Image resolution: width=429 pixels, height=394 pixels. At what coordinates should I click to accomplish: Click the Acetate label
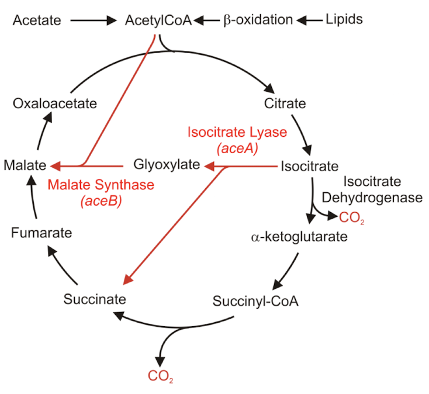(x=37, y=20)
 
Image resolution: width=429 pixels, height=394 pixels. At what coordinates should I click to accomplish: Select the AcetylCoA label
(x=158, y=20)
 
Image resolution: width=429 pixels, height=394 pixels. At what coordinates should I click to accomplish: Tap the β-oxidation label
(x=258, y=20)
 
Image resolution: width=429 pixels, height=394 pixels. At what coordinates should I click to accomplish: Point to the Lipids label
(x=344, y=19)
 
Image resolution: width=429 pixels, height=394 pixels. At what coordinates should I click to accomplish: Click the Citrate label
(x=285, y=104)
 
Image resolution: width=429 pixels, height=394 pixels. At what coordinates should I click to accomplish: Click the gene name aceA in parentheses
(x=237, y=149)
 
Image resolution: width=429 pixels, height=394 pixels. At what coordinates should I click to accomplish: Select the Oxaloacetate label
(x=54, y=103)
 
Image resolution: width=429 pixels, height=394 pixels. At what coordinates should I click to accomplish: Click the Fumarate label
(x=41, y=233)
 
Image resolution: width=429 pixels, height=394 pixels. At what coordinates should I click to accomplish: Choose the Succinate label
(x=95, y=299)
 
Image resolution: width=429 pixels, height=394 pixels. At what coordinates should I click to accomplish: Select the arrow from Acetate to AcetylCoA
(x=94, y=21)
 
